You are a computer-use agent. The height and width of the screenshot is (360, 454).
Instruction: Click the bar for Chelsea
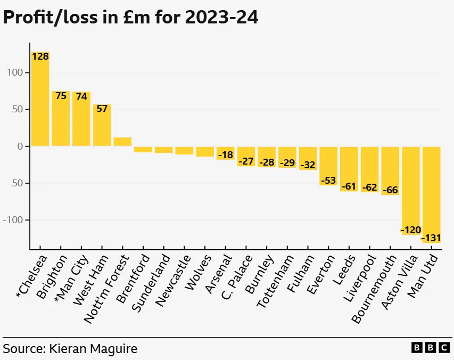[x=40, y=101]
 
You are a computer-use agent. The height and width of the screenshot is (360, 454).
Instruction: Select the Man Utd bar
[x=431, y=192]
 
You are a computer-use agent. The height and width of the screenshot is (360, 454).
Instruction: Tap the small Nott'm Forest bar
[x=122, y=142]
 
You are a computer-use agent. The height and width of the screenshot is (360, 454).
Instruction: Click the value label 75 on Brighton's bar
[x=61, y=96]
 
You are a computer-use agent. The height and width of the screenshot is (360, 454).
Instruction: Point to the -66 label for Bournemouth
[x=390, y=190]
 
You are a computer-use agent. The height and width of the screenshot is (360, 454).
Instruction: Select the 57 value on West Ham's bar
[x=102, y=109]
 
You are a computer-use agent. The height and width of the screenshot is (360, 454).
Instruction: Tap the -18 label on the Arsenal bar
[x=225, y=154]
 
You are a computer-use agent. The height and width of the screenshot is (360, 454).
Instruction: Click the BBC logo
[x=431, y=348]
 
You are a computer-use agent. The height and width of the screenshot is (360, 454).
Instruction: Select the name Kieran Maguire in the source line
[x=93, y=349]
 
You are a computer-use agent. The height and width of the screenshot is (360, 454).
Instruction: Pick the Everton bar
[x=328, y=166]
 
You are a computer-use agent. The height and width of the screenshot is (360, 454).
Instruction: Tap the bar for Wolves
[x=205, y=151]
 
